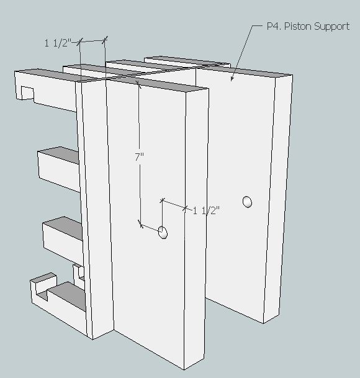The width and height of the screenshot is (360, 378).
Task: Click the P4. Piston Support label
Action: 308,26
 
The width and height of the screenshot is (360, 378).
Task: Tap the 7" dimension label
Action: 139,157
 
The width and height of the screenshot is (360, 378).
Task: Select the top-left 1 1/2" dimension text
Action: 58,43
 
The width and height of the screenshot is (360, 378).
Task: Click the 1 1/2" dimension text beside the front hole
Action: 207,210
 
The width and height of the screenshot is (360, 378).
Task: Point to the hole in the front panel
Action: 163,232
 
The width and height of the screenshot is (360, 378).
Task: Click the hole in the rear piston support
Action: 247,202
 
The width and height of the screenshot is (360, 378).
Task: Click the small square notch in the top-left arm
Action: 27,93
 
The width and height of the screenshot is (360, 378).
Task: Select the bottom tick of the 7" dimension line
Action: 140,224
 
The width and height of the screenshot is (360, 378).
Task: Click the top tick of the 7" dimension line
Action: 138,83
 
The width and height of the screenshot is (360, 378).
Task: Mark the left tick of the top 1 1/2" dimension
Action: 80,42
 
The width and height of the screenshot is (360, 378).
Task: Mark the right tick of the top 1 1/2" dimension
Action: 105,40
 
